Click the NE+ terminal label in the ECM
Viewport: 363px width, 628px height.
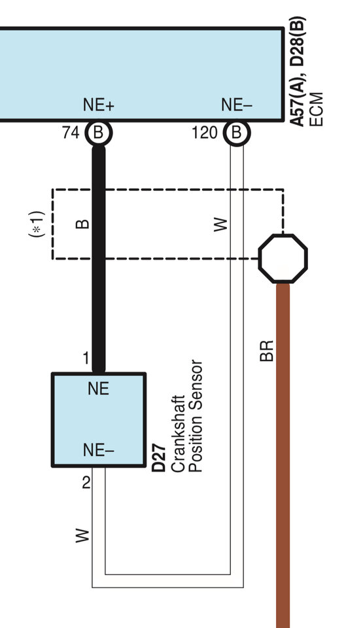click(x=99, y=105)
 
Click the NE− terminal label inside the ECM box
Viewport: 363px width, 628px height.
click(x=236, y=105)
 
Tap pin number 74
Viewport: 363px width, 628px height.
click(x=71, y=133)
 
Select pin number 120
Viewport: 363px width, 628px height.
click(x=205, y=133)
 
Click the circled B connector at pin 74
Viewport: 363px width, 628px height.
click(x=99, y=133)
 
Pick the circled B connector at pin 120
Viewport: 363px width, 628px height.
click(x=237, y=133)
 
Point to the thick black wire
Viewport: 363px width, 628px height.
click(x=99, y=259)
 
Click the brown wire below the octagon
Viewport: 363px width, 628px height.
click(x=283, y=455)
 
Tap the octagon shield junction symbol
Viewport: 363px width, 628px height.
click(x=283, y=259)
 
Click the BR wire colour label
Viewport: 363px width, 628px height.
click(x=267, y=351)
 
